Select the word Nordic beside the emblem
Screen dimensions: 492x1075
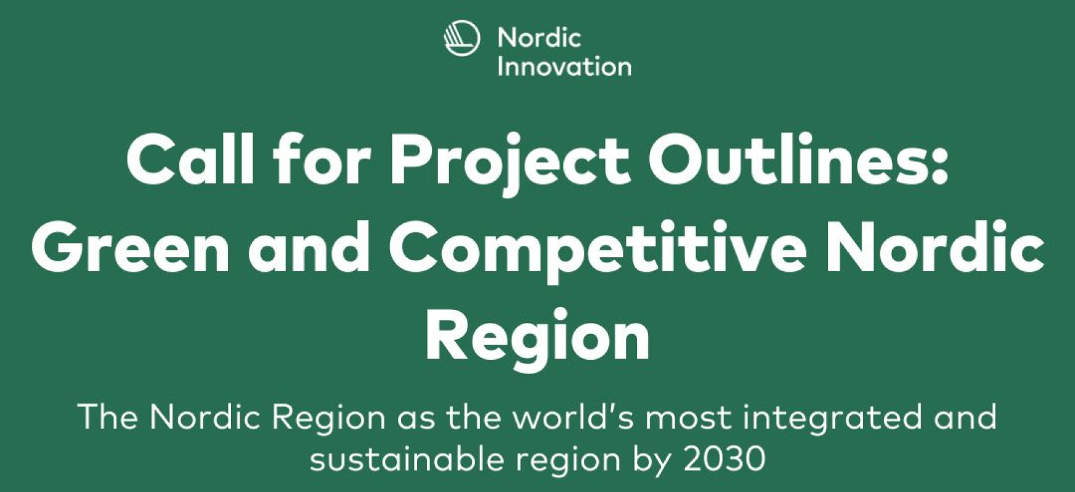point(539,38)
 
